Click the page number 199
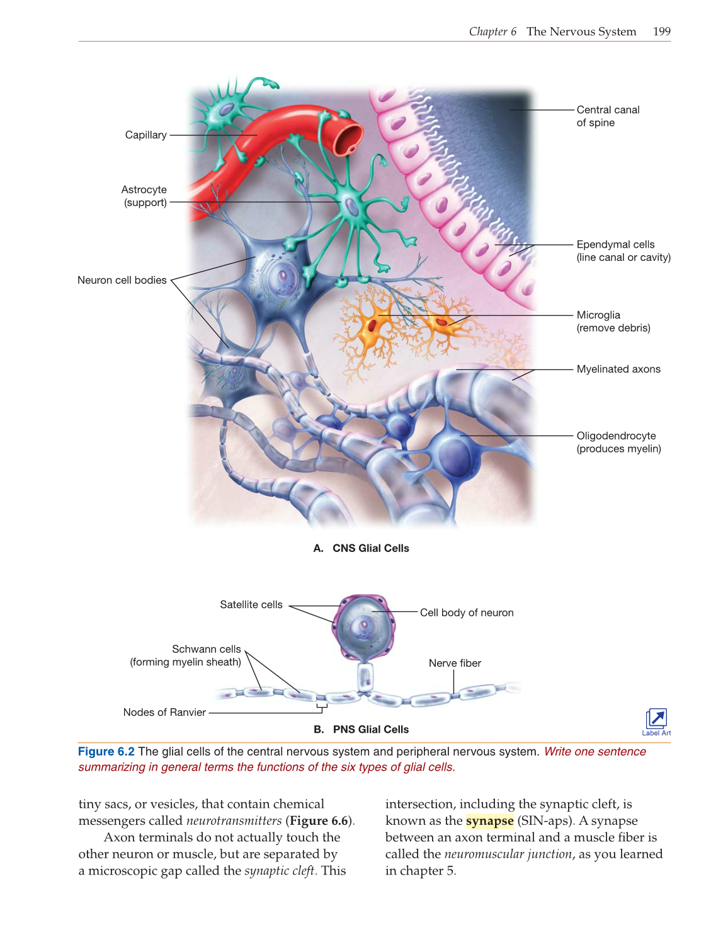point(661,32)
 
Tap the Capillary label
point(145,135)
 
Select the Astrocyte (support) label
point(144,196)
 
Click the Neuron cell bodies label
point(122,280)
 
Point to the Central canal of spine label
point(607,116)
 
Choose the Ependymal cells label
point(623,251)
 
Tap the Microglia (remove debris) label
point(613,321)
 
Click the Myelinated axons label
point(618,369)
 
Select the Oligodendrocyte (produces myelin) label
point(618,442)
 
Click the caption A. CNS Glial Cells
point(361,548)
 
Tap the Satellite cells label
point(251,605)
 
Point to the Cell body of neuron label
point(466,613)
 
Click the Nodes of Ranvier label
point(164,712)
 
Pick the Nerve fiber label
point(455,663)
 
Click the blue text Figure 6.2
point(106,752)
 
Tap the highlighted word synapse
point(489,821)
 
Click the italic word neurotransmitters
point(234,821)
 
